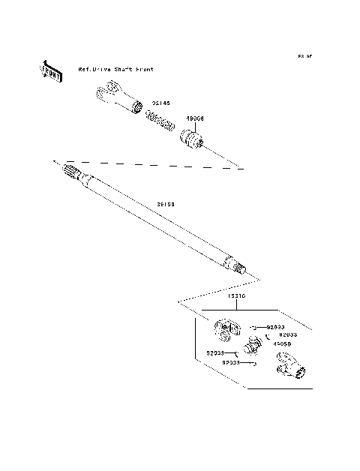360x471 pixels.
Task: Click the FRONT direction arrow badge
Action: click(x=51, y=71)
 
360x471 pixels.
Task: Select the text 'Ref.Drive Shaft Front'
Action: click(x=116, y=69)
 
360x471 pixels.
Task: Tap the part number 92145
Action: click(x=161, y=103)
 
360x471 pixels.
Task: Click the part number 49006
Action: click(x=196, y=118)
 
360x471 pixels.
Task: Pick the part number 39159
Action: click(x=166, y=203)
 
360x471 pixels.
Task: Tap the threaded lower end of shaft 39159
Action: click(x=239, y=267)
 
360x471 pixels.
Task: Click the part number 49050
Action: click(x=282, y=343)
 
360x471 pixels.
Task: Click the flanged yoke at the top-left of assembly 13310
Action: click(x=225, y=329)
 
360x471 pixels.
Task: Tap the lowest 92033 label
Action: click(x=230, y=362)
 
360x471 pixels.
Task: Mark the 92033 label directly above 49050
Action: click(x=288, y=334)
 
